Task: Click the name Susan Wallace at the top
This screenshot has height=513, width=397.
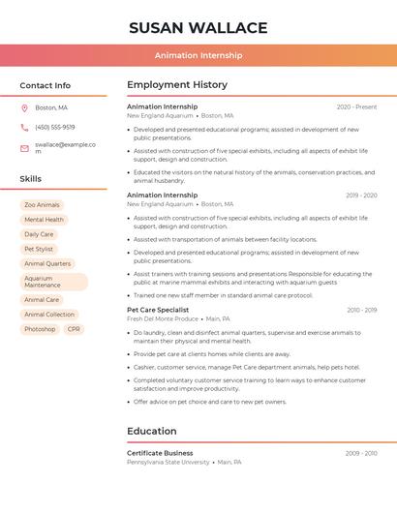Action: pyautogui.click(x=198, y=27)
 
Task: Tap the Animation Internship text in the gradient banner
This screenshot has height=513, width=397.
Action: pyautogui.click(x=198, y=56)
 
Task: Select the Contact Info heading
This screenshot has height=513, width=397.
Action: pyautogui.click(x=46, y=85)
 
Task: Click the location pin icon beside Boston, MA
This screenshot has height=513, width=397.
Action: pyautogui.click(x=24, y=108)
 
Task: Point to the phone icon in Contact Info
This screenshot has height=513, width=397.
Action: pyautogui.click(x=24, y=128)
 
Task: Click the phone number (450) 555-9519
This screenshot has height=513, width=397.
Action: pyautogui.click(x=55, y=128)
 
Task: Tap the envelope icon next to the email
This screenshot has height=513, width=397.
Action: pyautogui.click(x=24, y=148)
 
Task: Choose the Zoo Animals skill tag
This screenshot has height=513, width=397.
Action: pyautogui.click(x=42, y=205)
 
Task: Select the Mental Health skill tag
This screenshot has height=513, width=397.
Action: pyautogui.click(x=44, y=220)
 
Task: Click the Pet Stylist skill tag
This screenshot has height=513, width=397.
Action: pyautogui.click(x=40, y=249)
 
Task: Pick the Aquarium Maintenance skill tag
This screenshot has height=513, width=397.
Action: pyautogui.click(x=53, y=282)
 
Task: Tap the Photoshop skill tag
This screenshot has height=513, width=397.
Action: pyautogui.click(x=40, y=329)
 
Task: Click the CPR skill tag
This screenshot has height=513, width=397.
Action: pyautogui.click(x=75, y=329)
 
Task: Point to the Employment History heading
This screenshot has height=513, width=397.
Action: pyautogui.click(x=177, y=85)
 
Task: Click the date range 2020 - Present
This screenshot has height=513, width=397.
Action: pyautogui.click(x=356, y=107)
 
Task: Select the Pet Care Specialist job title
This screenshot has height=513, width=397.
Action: pyautogui.click(x=158, y=310)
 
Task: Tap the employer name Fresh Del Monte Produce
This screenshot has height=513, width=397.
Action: pyautogui.click(x=163, y=318)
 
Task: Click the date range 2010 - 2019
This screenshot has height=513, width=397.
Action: pyautogui.click(x=361, y=311)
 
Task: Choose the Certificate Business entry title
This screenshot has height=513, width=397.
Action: pyautogui.click(x=160, y=453)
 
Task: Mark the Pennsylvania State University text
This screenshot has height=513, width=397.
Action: pyautogui.click(x=168, y=463)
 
